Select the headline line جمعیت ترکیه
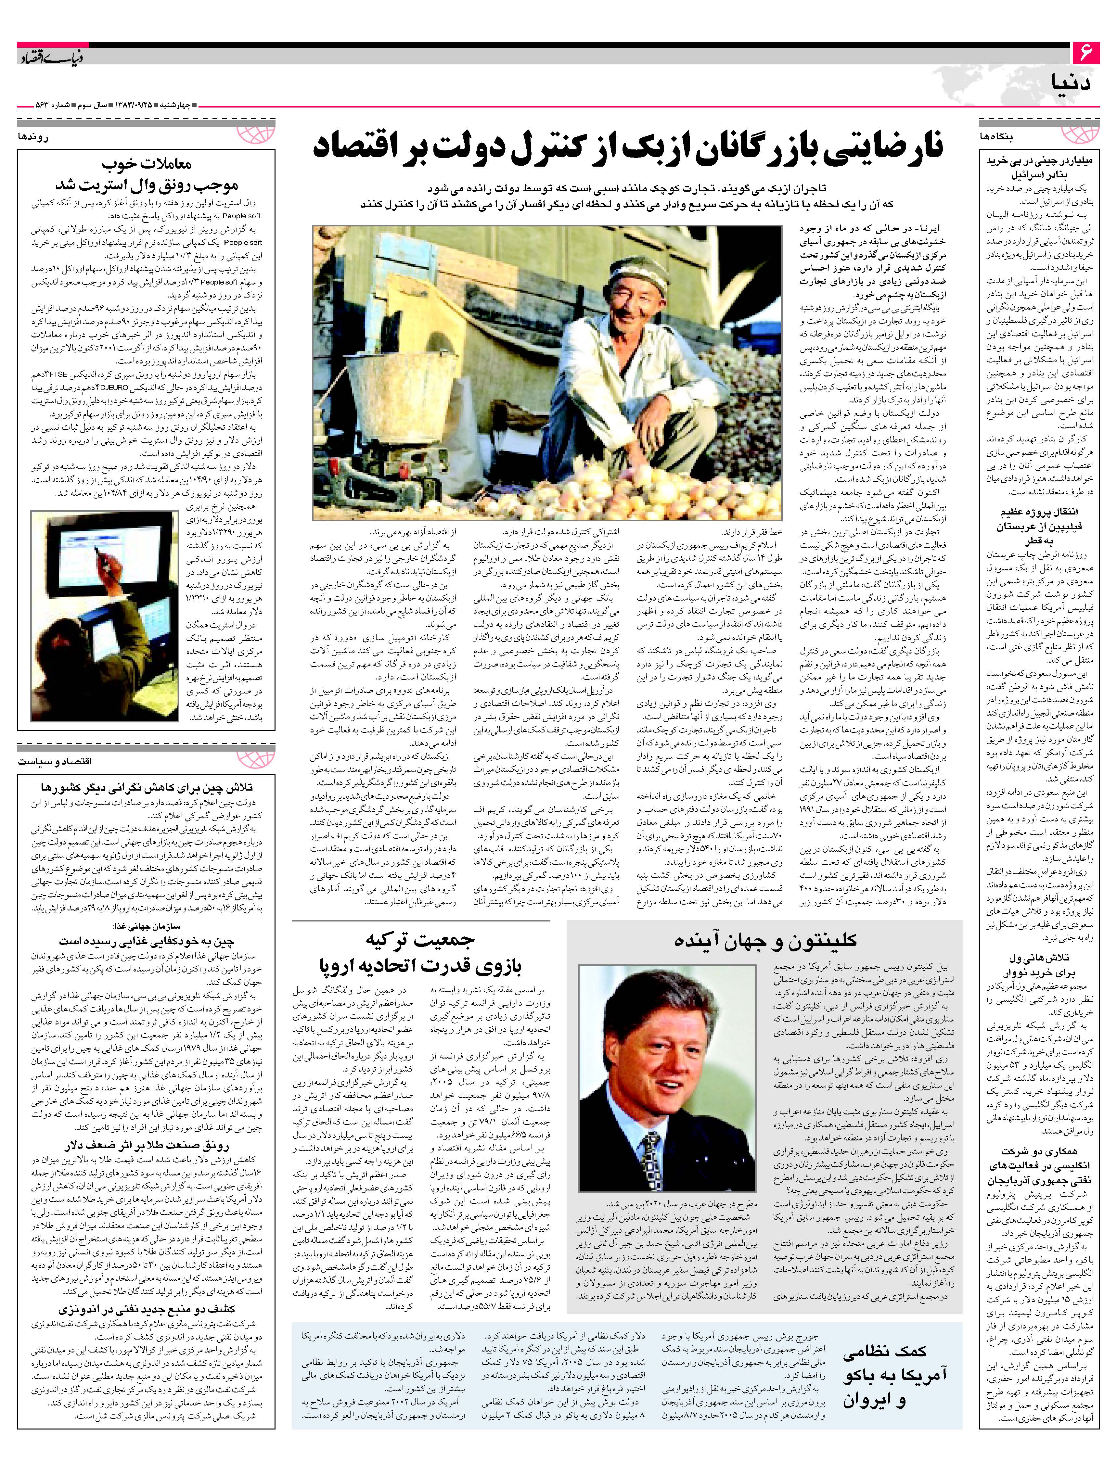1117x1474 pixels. pos(420,941)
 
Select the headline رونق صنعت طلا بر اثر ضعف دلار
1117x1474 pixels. pos(147,1146)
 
